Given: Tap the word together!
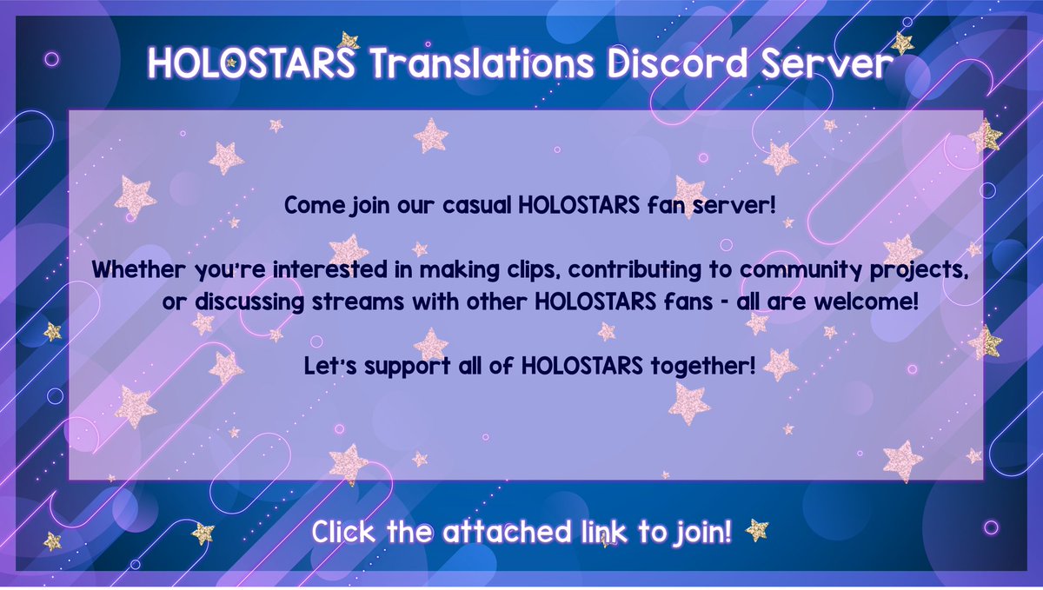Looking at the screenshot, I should (x=701, y=366).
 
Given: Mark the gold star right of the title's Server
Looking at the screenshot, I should (x=902, y=43).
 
